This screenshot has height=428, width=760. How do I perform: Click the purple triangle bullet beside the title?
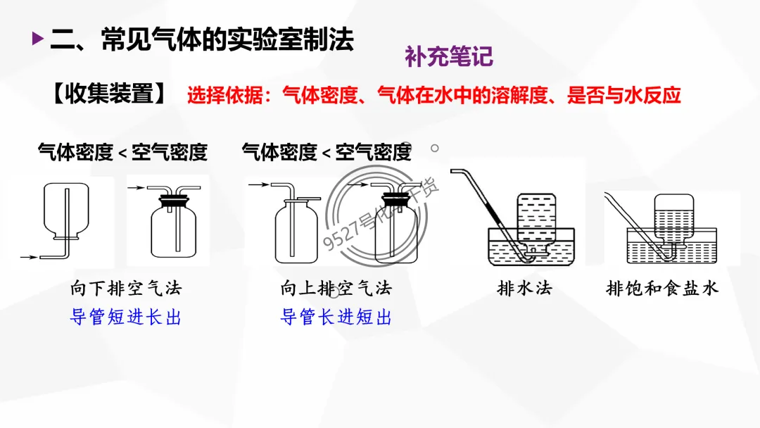[37, 39]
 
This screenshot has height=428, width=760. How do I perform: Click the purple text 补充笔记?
[448, 56]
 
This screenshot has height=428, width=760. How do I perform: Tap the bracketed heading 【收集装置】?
[110, 94]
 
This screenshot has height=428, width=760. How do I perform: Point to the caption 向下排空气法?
[126, 289]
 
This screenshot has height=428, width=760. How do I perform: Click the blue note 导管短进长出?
[126, 317]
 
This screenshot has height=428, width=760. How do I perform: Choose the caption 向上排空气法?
[336, 289]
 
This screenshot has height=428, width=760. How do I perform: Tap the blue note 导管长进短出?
[336, 317]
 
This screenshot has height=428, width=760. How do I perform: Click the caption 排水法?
[524, 289]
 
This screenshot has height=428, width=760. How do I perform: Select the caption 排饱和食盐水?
[662, 289]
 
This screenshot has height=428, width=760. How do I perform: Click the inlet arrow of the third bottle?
[258, 184]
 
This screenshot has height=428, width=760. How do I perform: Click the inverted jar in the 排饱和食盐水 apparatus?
[674, 220]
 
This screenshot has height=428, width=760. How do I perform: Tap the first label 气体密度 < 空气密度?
[122, 152]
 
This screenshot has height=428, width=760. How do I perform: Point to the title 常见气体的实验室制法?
[227, 39]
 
